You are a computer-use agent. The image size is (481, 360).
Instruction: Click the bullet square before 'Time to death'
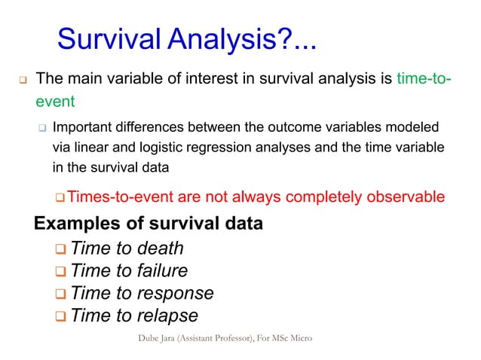(x=60, y=249)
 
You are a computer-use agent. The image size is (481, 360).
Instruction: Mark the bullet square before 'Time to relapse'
(x=60, y=316)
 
